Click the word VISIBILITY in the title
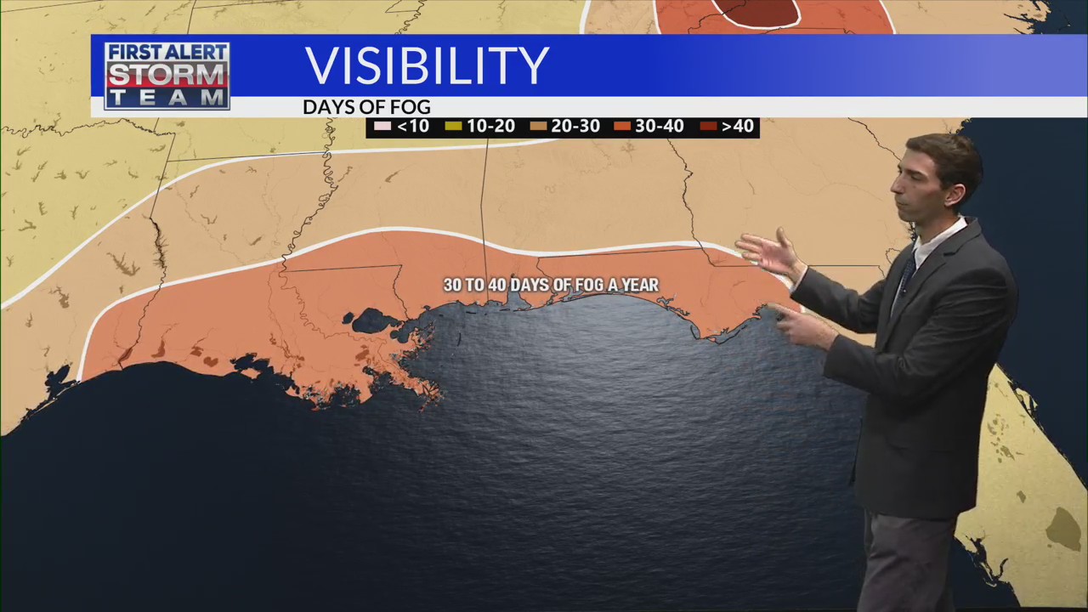coord(427,65)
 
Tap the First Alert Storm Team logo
coord(167,76)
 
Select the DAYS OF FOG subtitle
coord(366,107)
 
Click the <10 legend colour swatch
coord(382,127)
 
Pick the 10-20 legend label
coord(490,127)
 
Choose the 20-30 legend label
coord(575,127)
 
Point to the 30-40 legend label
coord(660,127)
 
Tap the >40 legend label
coord(737,127)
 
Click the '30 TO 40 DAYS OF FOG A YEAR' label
coord(551,286)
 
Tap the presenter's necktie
coord(906,276)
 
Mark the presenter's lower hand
coord(799,326)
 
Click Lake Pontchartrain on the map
coord(373,321)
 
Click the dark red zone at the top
coord(756,11)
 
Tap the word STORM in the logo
coord(167,76)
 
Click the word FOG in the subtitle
coord(412,107)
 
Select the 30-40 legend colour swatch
coord(622,127)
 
